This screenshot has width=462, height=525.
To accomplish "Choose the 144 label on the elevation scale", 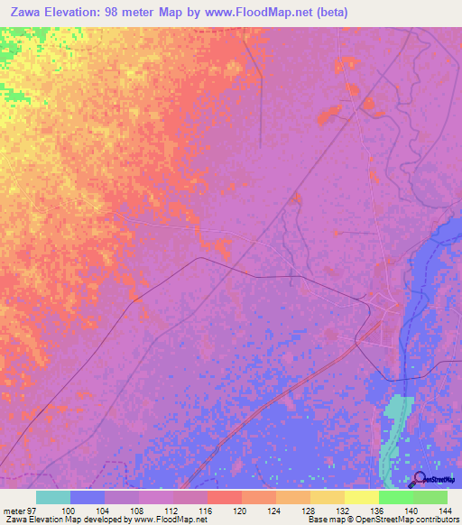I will click(444, 511).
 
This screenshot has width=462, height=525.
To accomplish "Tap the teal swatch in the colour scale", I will click(53, 497).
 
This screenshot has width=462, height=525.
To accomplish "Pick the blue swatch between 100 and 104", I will click(88, 497).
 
